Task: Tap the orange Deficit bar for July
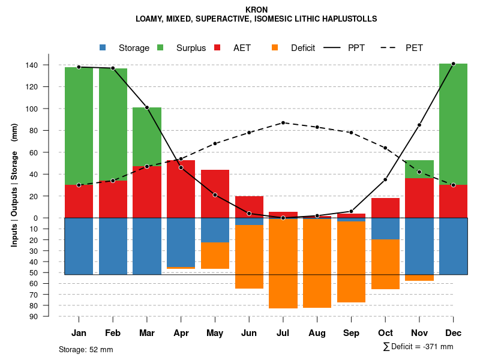[283, 264]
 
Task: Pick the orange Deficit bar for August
[317, 263]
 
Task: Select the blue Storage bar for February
[113, 246]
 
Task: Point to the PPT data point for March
[147, 107]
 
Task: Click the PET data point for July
[283, 122]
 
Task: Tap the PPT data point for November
[419, 125]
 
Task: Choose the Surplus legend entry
[184, 48]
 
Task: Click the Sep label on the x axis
[352, 333]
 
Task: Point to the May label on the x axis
[215, 333]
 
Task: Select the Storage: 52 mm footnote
[86, 349]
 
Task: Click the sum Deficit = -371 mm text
[418, 347]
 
